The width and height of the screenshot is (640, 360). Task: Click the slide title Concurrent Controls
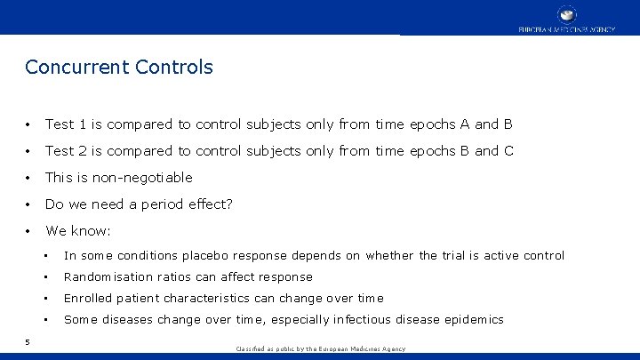119,67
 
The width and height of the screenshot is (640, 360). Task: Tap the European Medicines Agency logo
566,19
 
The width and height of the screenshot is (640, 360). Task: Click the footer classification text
320,349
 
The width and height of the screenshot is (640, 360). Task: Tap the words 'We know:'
78,231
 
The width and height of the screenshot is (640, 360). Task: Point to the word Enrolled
88,299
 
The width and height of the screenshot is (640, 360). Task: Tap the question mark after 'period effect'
228,204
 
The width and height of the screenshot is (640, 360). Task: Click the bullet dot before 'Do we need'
29,205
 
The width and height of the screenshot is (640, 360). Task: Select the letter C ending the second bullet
508,151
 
